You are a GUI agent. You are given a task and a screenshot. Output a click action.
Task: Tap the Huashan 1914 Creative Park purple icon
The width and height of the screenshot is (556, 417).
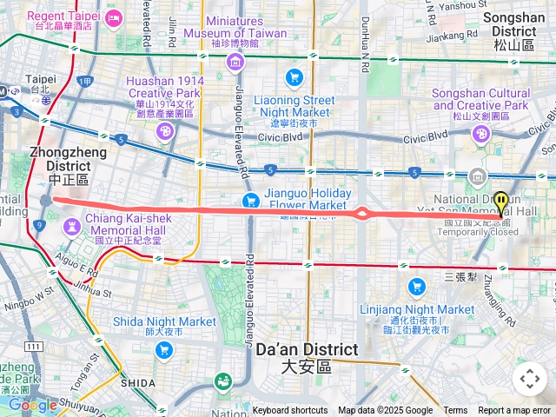(x=164, y=131)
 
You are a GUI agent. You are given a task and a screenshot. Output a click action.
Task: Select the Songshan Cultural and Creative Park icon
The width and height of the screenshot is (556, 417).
(x=481, y=134)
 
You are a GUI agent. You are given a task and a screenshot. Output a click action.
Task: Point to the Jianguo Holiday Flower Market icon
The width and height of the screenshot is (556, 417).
(x=252, y=200)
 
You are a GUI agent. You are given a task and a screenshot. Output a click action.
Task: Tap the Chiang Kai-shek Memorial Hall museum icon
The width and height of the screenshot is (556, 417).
(x=70, y=226)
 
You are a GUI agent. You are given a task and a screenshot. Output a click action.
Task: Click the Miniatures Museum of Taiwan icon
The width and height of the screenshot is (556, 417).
(x=235, y=62)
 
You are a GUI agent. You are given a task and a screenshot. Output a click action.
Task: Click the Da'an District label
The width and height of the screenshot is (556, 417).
(x=307, y=357)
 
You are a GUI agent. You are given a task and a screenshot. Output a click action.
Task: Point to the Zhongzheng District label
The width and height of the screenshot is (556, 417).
(x=69, y=164)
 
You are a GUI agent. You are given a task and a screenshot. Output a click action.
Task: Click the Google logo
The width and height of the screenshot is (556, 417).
(x=32, y=405)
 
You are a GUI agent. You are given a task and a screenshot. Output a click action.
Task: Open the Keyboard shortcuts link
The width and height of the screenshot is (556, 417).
(x=290, y=411)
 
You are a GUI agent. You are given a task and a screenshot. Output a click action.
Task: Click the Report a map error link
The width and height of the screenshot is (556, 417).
(x=514, y=411)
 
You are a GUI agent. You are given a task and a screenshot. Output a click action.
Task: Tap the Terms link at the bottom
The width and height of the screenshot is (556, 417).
(x=455, y=411)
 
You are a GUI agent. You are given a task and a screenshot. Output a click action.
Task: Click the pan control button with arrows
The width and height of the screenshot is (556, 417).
(x=529, y=378)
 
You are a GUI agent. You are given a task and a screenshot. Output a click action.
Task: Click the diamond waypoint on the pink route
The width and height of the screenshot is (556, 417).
(x=361, y=213)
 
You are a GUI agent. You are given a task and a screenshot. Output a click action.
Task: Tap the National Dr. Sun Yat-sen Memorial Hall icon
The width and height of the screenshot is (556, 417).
(x=477, y=178)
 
